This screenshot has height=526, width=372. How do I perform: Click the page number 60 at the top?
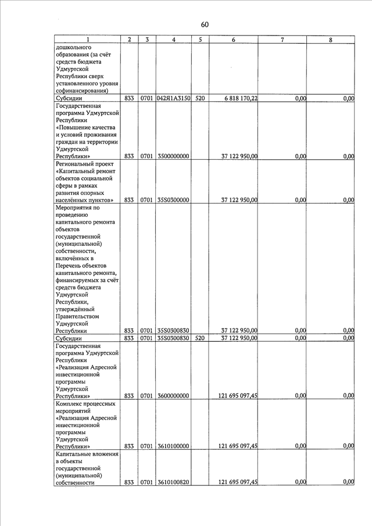pyautogui.click(x=204, y=24)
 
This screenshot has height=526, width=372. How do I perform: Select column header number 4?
pyautogui.click(x=174, y=40)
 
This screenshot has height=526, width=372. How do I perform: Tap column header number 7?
pyautogui.click(x=282, y=40)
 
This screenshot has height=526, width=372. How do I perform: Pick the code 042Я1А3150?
pyautogui.click(x=174, y=99)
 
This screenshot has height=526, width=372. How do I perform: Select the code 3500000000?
pyautogui.click(x=173, y=156)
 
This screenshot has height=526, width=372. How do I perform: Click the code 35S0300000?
pyautogui.click(x=173, y=200)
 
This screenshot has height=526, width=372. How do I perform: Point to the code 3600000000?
pyautogui.click(x=173, y=396)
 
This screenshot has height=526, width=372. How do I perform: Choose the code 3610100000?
pyautogui.click(x=173, y=446)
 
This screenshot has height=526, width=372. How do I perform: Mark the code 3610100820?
pyautogui.click(x=173, y=482)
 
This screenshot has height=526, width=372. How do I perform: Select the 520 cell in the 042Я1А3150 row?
pyautogui.click(x=200, y=99)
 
